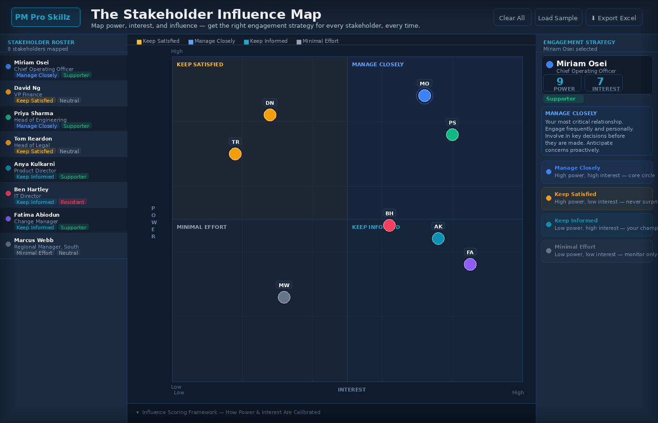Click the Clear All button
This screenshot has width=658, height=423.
point(512,18)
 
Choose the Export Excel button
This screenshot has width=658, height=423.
point(613,18)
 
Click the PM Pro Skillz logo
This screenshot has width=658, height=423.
point(46,17)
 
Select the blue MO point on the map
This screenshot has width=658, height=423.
point(424,96)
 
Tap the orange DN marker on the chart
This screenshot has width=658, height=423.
point(270,115)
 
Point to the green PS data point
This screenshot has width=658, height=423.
point(452,135)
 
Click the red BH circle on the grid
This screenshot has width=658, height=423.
point(389,226)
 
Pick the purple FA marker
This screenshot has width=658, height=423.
point(470,265)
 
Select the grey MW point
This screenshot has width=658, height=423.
point(284,298)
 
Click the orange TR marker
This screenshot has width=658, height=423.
point(235,154)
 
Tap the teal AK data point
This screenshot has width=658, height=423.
point(438,239)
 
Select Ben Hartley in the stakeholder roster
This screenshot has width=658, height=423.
point(31,189)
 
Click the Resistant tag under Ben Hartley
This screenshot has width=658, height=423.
point(72,202)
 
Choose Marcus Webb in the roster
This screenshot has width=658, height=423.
point(33,240)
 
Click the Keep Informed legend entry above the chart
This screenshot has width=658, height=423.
point(266,41)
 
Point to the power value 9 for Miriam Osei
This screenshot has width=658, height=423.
point(560,82)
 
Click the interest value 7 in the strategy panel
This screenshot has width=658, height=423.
point(600,82)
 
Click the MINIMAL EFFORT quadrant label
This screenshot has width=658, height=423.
point(202,227)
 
